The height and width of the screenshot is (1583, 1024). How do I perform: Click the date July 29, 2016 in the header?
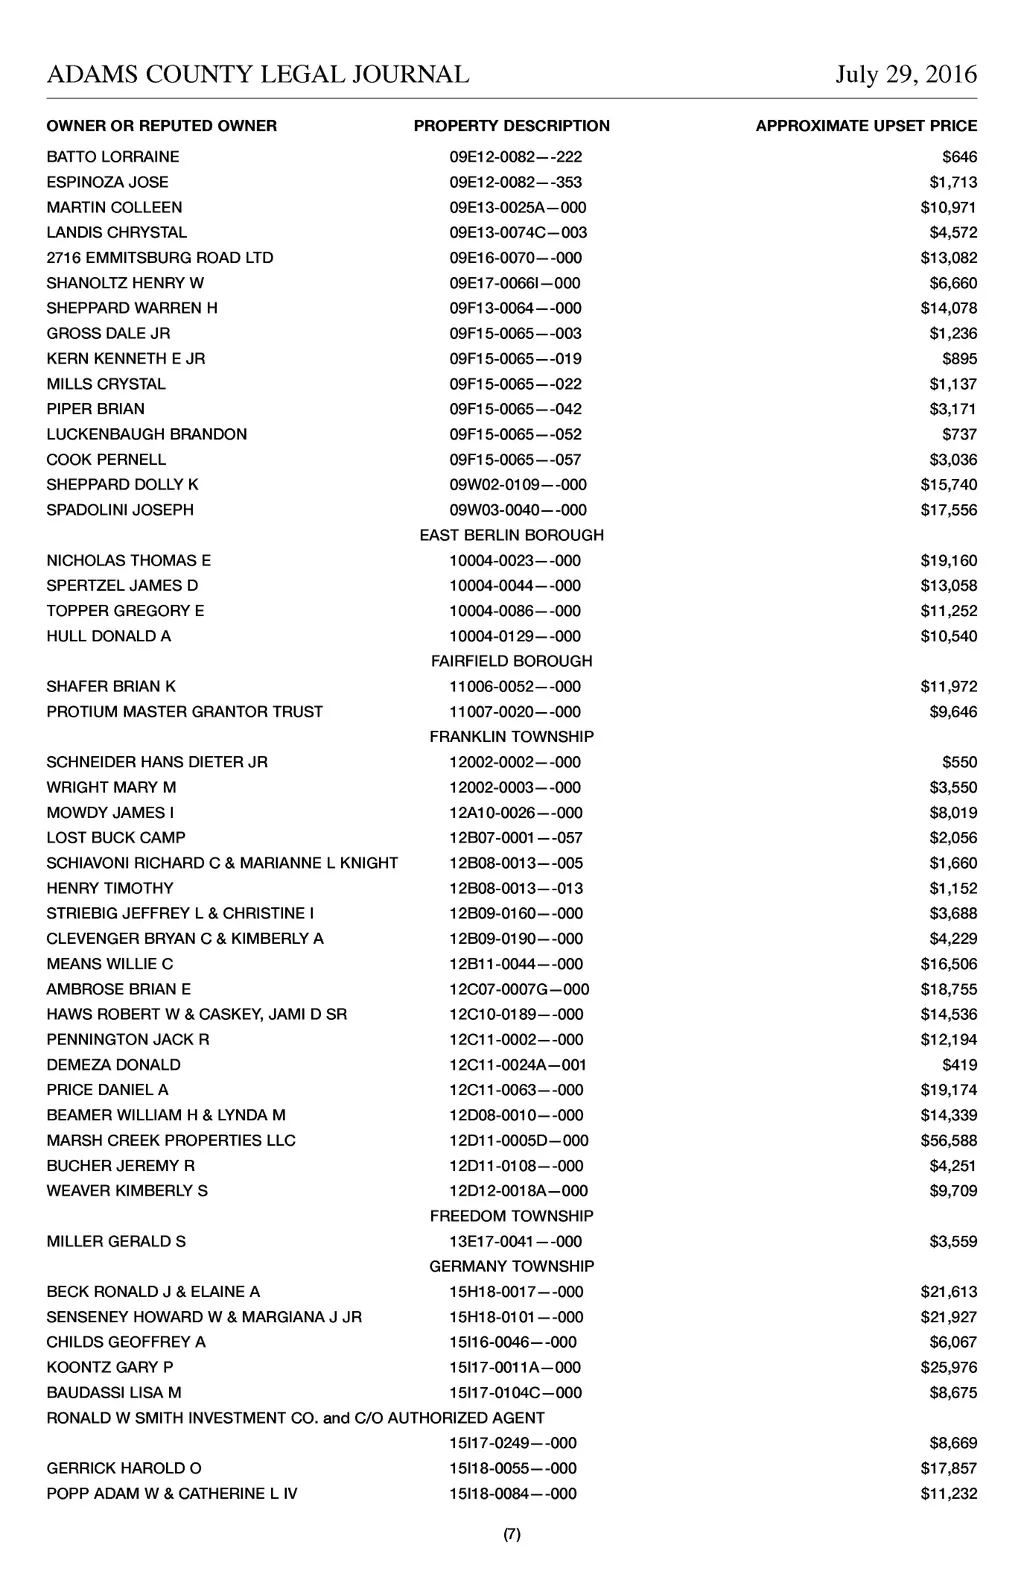(906, 75)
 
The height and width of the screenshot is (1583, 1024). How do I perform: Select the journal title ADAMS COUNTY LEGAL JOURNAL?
(258, 75)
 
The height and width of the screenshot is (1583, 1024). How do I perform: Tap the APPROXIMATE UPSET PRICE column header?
(866, 126)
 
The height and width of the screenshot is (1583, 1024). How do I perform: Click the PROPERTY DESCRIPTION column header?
(511, 126)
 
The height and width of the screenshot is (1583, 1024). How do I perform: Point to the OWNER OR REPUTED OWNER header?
(162, 126)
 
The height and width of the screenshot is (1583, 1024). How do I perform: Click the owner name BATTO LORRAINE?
(113, 157)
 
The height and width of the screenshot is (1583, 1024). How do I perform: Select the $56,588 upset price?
(949, 1141)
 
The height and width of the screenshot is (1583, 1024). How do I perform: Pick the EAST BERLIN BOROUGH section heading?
(511, 535)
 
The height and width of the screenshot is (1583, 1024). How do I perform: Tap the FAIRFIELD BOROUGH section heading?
(511, 661)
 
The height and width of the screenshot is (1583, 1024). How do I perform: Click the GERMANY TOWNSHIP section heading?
(511, 1266)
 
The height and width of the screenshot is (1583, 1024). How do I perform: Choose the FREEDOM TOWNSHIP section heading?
(511, 1216)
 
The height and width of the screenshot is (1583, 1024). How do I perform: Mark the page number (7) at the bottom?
(511, 1535)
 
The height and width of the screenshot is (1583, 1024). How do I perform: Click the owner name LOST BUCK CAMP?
(116, 838)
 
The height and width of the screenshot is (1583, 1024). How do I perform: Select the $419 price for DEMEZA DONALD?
(960, 1065)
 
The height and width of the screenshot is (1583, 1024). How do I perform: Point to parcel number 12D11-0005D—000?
(518, 1141)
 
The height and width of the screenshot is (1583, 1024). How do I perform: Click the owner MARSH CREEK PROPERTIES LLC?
(171, 1141)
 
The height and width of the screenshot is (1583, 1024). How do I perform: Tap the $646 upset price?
(960, 157)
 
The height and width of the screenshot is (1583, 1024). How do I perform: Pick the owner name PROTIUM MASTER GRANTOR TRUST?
(185, 712)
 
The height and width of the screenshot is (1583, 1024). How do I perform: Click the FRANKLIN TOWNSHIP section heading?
(511, 737)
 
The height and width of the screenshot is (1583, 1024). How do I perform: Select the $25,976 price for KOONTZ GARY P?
(949, 1368)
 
